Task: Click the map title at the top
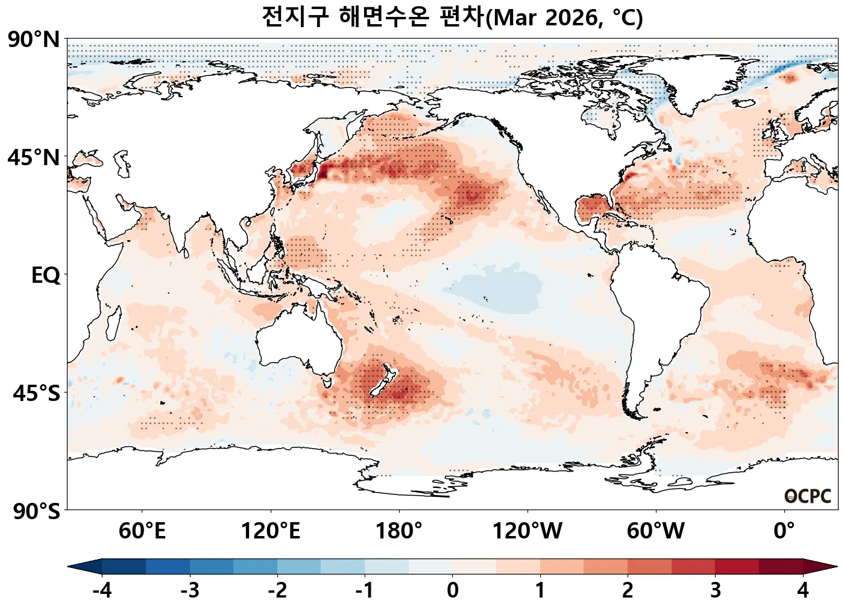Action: (x=452, y=17)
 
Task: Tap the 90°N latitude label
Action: (x=34, y=40)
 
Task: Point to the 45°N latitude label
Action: (x=34, y=158)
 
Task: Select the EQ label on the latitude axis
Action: (x=46, y=276)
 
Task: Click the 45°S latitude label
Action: (x=36, y=393)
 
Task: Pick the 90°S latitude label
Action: (x=36, y=511)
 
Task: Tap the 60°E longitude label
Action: (x=142, y=531)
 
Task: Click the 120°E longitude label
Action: (x=271, y=531)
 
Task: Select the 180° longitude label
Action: (x=399, y=531)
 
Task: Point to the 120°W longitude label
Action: (x=527, y=531)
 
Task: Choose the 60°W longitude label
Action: (x=656, y=531)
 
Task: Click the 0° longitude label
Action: (x=784, y=531)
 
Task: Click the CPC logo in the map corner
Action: (x=808, y=496)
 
